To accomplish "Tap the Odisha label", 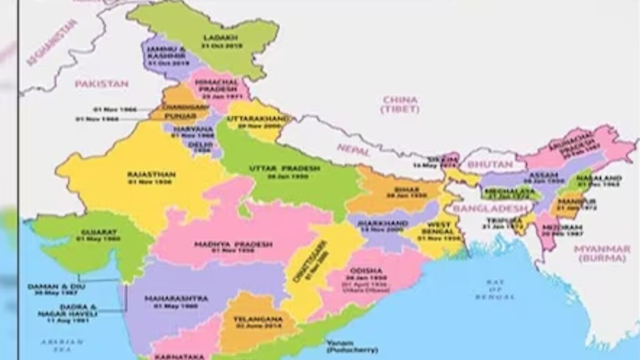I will (366, 271).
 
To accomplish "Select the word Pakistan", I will (101, 84).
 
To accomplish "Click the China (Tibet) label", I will (399, 104).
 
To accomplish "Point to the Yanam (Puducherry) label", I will (353, 347).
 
